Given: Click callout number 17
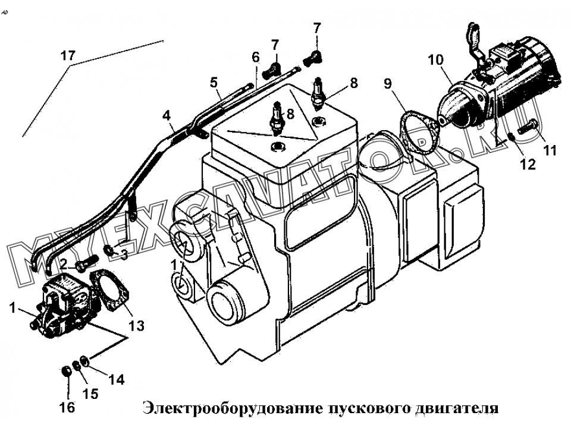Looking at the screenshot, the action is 68,56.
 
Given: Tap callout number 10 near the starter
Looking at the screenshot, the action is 435,59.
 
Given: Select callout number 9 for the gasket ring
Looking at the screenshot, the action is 388,83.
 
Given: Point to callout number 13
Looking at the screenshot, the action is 136,326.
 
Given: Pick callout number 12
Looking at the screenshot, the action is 528,165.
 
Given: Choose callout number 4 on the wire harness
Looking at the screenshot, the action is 167,116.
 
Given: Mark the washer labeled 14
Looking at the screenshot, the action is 84,360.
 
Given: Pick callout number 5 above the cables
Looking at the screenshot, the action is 214,83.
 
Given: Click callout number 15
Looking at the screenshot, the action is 90,394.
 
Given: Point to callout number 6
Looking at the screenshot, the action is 256,57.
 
